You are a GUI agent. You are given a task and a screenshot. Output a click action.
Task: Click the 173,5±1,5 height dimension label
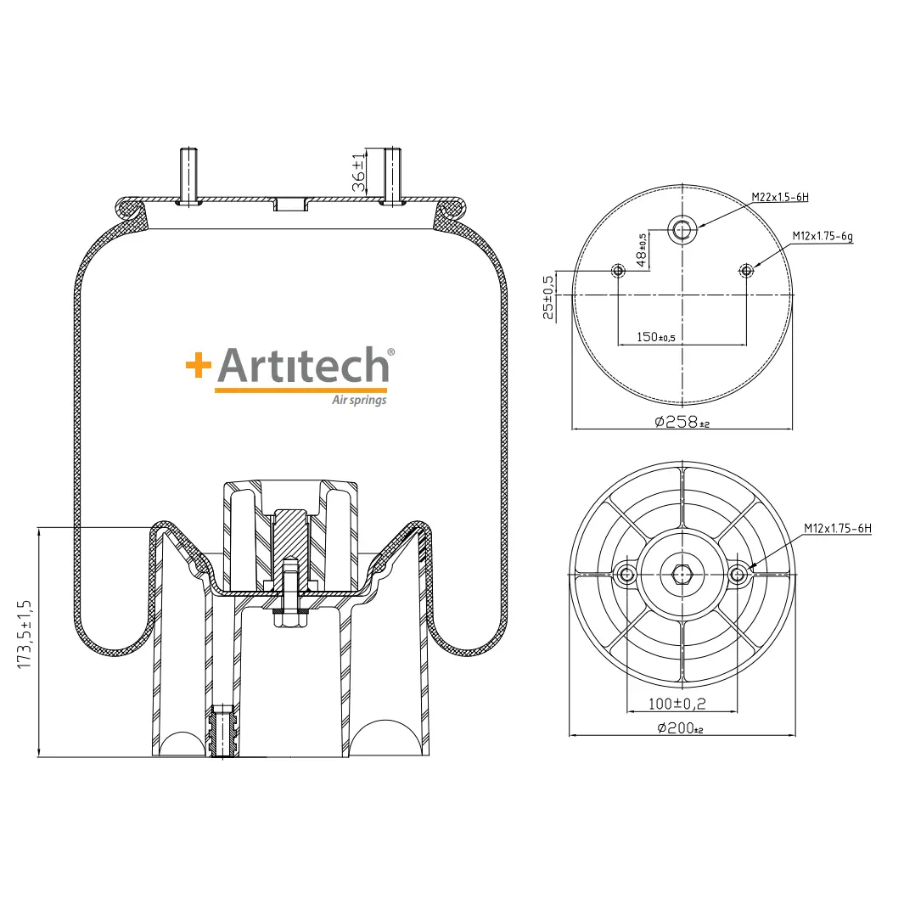point(25,634)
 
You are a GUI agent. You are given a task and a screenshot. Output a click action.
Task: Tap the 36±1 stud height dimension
point(358,173)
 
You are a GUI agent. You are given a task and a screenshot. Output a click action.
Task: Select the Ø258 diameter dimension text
point(682,422)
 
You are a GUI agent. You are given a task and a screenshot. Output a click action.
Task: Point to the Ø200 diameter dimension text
point(680,728)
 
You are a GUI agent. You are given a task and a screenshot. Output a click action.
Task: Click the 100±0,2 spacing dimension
point(677,704)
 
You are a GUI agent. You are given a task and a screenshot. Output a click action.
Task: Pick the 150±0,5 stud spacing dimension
point(655,337)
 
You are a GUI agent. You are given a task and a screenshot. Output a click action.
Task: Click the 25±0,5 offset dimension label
point(548,297)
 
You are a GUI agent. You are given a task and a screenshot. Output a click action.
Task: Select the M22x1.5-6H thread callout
point(780,197)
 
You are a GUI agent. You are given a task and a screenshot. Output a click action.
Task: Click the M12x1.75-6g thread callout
point(823,236)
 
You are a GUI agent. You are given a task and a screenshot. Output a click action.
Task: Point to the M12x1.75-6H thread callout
point(838,528)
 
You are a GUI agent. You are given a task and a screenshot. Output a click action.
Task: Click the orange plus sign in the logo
point(199,365)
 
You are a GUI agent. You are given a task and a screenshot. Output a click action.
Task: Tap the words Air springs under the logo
point(359,400)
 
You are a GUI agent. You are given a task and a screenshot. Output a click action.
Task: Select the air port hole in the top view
point(682,230)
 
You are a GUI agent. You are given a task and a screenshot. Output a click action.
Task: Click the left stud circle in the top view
point(618,271)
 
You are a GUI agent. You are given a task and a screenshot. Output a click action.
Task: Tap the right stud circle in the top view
point(747,271)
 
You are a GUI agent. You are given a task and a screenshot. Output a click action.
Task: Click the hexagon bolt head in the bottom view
point(682,574)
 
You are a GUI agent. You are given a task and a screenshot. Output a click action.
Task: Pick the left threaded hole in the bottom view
point(626,574)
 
